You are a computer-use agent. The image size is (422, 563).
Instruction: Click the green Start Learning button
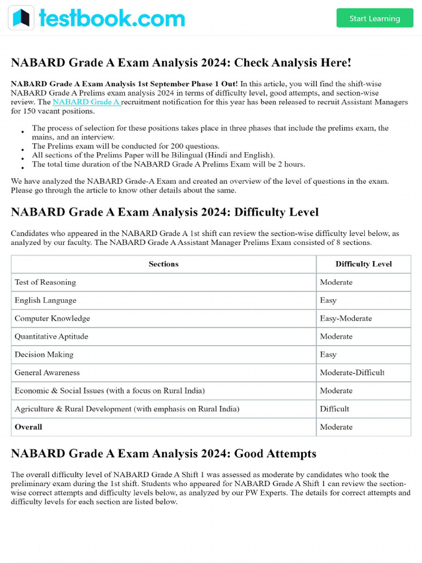[x=374, y=18]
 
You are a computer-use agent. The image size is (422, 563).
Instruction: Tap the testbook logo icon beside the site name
[x=21, y=18]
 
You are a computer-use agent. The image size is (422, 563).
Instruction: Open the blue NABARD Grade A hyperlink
[x=86, y=102]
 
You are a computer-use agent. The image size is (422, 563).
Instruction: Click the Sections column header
[x=163, y=264]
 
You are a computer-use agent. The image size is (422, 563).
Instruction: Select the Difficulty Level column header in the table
[x=363, y=264]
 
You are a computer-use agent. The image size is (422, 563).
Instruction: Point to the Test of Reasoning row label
[x=46, y=282]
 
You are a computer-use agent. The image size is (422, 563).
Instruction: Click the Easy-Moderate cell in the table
[x=346, y=318]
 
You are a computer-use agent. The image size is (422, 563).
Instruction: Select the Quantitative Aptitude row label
[x=51, y=336]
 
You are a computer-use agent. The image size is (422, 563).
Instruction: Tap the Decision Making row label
[x=44, y=355]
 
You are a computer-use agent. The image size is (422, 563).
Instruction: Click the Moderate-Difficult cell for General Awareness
[x=352, y=373]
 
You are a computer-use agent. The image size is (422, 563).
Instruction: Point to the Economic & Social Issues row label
[x=109, y=391]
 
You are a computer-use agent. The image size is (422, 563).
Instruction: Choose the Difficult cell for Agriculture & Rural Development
[x=334, y=409]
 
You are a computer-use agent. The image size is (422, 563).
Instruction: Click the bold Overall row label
[x=29, y=427]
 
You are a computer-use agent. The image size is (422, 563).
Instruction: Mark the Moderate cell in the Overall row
[x=336, y=427]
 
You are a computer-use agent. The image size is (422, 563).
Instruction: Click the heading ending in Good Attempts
[x=163, y=454]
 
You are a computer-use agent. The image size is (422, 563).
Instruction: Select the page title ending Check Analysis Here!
[x=181, y=63]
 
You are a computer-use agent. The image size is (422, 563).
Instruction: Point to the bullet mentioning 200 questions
[x=125, y=146]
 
